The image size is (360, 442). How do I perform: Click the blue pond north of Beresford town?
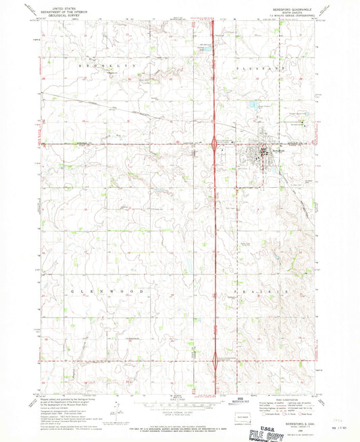[x=253, y=105]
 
